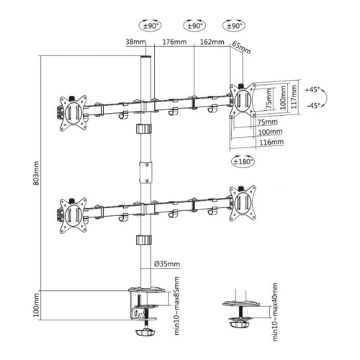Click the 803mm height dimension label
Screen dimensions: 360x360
tap(36, 174)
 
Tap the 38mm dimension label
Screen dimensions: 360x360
tap(135, 42)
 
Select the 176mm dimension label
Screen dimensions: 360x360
tap(174, 42)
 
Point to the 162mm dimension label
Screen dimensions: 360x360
tap(212, 42)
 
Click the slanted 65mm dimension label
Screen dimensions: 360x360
tap(241, 48)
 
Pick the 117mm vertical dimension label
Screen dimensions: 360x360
tap(294, 96)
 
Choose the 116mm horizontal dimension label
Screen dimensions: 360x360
tap(271, 142)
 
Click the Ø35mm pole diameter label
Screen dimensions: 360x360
tap(167, 264)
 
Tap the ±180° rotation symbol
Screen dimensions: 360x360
tap(243, 161)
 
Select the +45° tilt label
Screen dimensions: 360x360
tap(312, 90)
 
